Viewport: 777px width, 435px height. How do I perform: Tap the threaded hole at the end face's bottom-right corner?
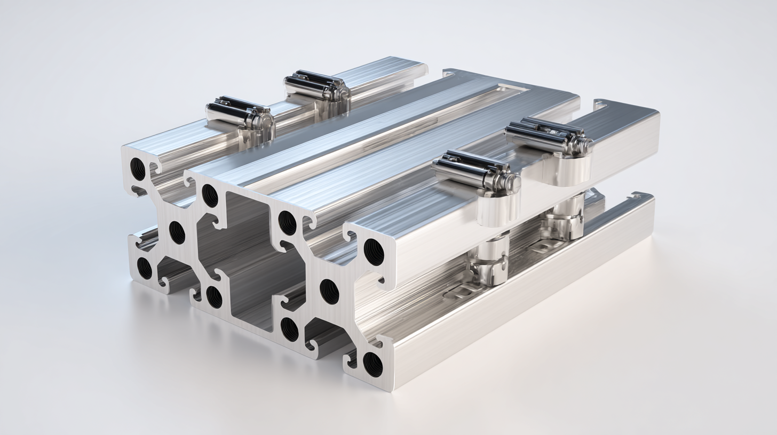[372, 364]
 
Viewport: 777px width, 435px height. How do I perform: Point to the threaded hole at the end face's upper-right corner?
[374, 252]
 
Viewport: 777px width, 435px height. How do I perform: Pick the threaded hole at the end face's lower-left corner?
[144, 268]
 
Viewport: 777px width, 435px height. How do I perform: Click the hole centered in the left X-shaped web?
[177, 232]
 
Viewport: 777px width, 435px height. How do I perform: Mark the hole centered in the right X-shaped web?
[329, 292]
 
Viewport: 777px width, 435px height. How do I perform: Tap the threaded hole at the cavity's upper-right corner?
[287, 223]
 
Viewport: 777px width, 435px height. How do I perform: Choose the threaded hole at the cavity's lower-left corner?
[214, 297]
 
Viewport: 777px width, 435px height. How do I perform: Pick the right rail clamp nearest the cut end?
[475, 171]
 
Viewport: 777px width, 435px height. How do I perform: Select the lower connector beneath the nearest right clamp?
[490, 261]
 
